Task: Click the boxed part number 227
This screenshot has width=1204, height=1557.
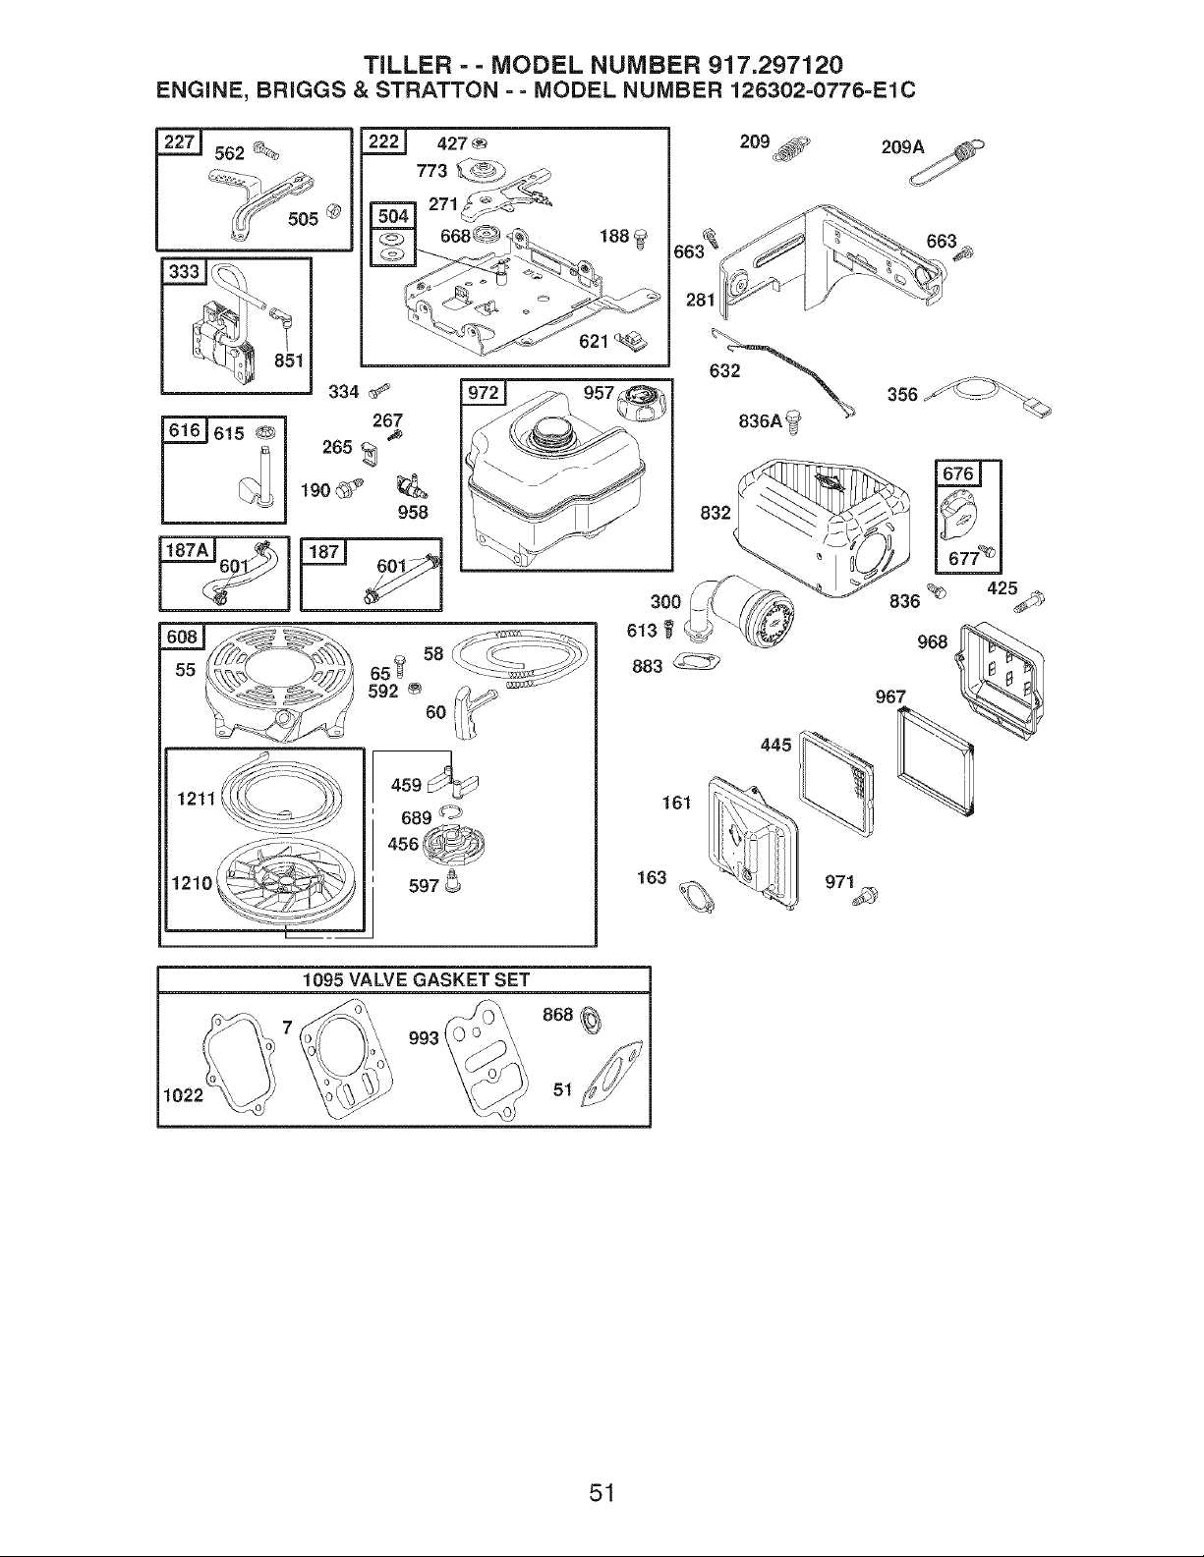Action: (x=179, y=142)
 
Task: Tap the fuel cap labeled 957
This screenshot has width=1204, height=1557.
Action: (x=642, y=404)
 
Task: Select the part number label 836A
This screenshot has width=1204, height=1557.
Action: (x=761, y=421)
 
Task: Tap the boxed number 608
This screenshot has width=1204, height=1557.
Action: (x=183, y=637)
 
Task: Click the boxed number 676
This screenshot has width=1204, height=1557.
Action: (x=958, y=473)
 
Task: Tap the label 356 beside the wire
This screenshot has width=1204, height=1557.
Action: (x=902, y=395)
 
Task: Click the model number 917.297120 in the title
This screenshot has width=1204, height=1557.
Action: (x=775, y=66)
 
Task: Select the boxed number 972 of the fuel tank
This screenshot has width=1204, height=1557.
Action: (x=484, y=393)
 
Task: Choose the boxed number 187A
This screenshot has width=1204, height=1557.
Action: (x=189, y=550)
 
